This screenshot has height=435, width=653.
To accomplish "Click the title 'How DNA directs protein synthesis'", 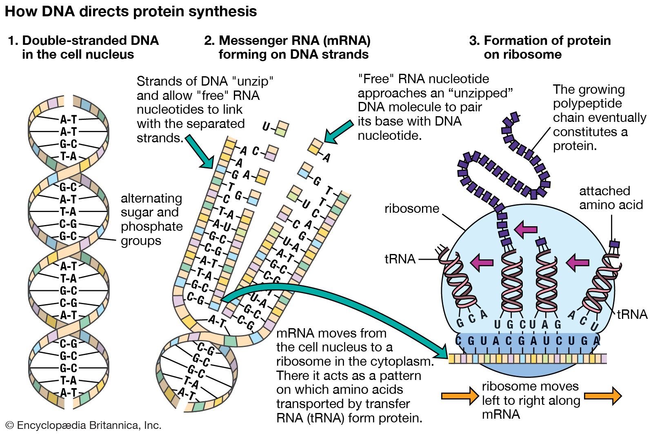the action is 131,11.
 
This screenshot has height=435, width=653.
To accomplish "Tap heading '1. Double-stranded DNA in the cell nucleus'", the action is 83,47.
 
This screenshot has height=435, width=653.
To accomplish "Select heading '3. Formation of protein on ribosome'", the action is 540,47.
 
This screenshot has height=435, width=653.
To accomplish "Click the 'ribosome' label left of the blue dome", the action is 411,209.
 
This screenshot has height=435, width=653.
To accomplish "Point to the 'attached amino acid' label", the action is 611,198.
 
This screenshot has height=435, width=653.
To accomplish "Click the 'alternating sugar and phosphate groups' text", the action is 151,219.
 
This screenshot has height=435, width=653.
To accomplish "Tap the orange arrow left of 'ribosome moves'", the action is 460,395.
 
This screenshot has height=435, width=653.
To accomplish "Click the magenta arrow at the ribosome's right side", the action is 577,262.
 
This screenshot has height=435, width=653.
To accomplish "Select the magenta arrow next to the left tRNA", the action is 482,262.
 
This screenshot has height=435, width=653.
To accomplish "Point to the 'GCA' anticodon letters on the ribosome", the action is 472,319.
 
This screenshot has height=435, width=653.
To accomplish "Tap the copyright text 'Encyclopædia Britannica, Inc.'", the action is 84,426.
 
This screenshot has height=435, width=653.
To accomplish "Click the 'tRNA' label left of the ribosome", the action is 400,259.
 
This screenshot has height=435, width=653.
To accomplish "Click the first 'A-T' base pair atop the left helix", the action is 69,119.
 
